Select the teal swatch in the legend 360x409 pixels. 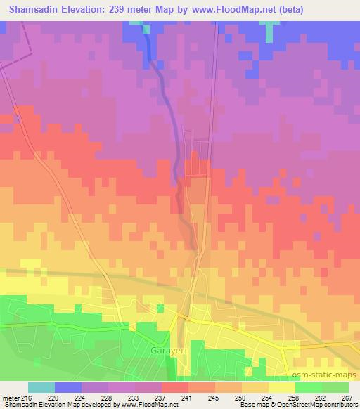coord(41,387)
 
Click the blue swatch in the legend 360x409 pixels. coord(68,387)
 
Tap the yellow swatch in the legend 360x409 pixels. coord(283,387)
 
